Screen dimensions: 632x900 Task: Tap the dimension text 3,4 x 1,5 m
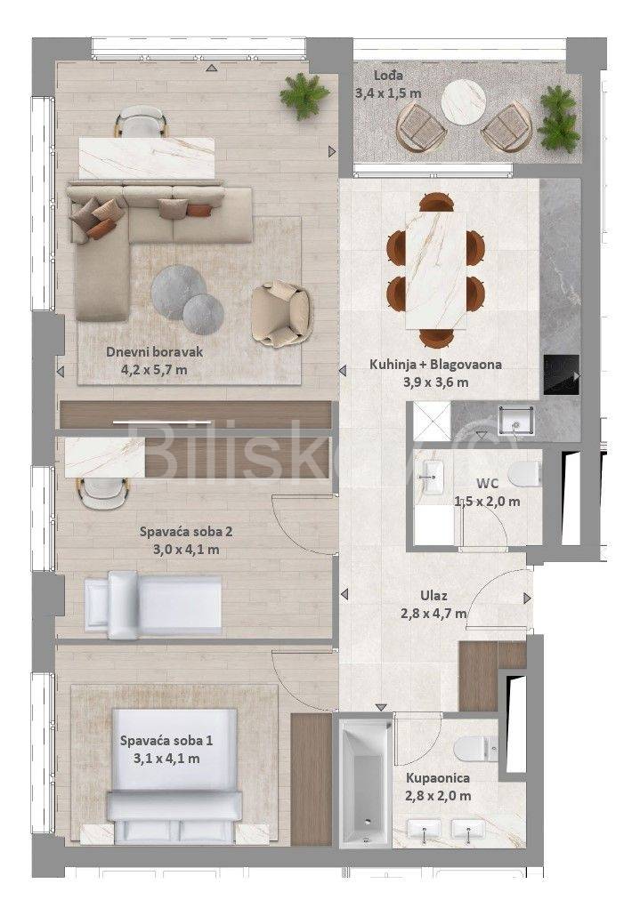coord(388,93)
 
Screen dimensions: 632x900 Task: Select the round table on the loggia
coord(464,101)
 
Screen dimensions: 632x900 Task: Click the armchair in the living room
coord(282,314)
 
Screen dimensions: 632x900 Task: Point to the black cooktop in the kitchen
coord(562,374)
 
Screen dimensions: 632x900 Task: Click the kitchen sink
coord(516,420)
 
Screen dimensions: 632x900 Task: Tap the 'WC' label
coord(486,483)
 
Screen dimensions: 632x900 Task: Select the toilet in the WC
coord(525,473)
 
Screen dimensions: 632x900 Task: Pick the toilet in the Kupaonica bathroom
coord(475,749)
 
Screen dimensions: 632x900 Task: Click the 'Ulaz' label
coord(433,596)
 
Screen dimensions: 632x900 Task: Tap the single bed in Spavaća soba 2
coord(153,605)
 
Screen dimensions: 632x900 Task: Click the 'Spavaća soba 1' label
coord(166,741)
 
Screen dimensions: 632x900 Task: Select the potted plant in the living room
coord(304,96)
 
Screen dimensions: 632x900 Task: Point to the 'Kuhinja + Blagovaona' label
coord(436,364)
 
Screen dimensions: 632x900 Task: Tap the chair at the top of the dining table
coord(437,203)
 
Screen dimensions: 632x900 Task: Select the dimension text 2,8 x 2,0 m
coord(438,796)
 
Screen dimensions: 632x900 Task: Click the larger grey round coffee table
coord(179,292)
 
